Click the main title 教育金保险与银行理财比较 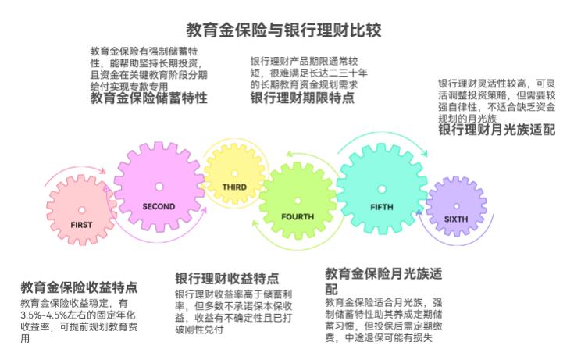pos(283,30)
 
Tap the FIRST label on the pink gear pos(81,225)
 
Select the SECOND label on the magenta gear pos(159,206)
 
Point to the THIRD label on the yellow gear pos(234,187)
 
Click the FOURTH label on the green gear pos(298,216)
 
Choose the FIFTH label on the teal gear pos(382,207)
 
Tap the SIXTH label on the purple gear pos(456,219)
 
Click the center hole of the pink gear pos(81,210)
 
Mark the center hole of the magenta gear pos(159,187)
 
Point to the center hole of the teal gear pos(382,189)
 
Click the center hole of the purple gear pos(457,206)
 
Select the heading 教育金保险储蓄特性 pos(148,98)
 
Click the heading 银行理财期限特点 pos(302,98)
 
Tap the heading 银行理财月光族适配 pos(497,130)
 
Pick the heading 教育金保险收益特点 pos(79,287)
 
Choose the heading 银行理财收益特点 pos(227,279)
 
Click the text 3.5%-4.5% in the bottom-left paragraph pos(44,315)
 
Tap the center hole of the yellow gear pos(234,173)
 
